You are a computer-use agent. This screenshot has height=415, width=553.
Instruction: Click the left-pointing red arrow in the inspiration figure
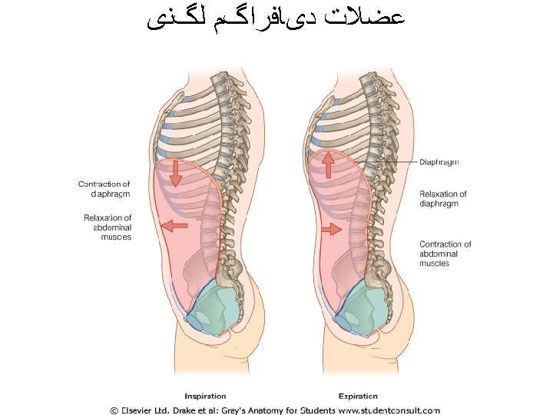[174, 226]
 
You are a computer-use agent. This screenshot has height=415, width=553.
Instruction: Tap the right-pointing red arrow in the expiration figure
[333, 229]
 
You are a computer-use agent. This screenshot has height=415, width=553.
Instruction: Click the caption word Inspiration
[205, 397]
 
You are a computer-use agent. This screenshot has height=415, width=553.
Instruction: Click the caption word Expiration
[356, 397]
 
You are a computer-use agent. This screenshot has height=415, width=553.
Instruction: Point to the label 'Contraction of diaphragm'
[104, 189]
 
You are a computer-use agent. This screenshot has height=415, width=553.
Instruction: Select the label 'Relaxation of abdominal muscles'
[108, 227]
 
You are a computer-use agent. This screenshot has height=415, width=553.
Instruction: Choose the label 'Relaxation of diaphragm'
[443, 199]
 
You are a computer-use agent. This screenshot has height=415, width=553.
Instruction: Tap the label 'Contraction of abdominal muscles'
[445, 254]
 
